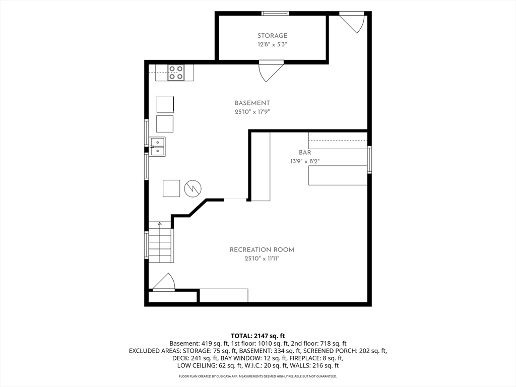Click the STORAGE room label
(272, 36)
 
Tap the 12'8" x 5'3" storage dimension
(272, 44)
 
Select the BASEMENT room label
(252, 103)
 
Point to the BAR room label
(305, 152)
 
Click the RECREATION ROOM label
(262, 250)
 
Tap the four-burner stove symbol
(176, 73)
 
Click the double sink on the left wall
(157, 147)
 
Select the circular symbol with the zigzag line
(192, 188)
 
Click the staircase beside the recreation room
(160, 242)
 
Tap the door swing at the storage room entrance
(271, 71)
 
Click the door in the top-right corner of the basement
(353, 22)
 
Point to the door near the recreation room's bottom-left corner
(163, 282)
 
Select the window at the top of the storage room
(275, 14)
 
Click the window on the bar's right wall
(369, 160)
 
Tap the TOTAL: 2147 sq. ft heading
(258, 336)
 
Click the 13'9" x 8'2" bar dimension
(305, 161)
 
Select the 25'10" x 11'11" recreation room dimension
(262, 259)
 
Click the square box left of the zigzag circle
(171, 188)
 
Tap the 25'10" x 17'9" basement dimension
(252, 112)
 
